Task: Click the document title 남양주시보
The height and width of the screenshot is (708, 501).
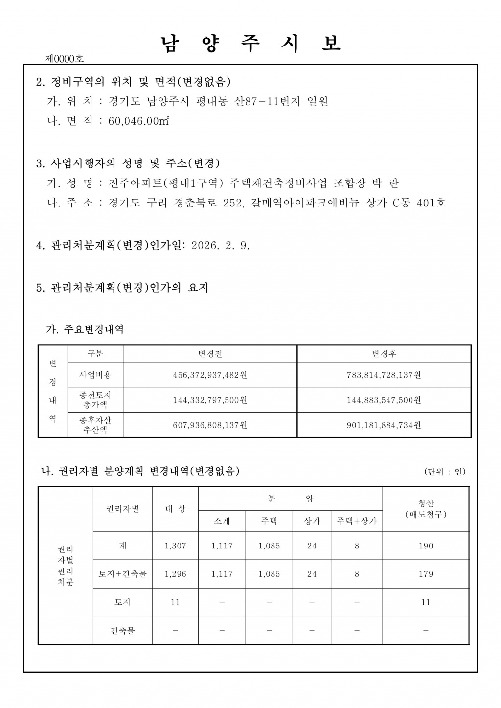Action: click(x=250, y=44)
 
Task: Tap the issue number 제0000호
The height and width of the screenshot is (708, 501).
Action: click(x=64, y=59)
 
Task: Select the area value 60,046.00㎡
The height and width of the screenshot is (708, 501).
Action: click(x=139, y=121)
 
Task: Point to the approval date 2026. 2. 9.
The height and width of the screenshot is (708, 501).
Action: click(x=221, y=246)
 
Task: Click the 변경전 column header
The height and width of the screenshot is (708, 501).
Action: click(x=210, y=354)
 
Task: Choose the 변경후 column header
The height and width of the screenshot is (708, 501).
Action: click(x=384, y=354)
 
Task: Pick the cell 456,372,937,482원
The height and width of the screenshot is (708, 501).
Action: click(x=210, y=375)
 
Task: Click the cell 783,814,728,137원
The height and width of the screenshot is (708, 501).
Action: click(x=384, y=375)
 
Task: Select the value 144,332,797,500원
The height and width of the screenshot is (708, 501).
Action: click(x=210, y=400)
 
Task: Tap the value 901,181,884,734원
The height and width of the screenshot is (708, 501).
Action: click(x=384, y=425)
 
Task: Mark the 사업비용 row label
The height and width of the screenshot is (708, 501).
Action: click(x=95, y=375)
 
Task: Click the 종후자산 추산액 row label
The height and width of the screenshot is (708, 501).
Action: click(x=95, y=425)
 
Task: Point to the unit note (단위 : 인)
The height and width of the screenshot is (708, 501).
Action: click(x=445, y=472)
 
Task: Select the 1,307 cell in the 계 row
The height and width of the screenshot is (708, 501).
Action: click(x=175, y=546)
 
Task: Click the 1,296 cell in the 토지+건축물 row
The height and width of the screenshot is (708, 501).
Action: click(x=175, y=574)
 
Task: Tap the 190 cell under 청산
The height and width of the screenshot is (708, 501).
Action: click(x=426, y=546)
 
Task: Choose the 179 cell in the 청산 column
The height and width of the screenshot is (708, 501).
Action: click(x=426, y=574)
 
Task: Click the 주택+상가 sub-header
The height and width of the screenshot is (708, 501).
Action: click(x=357, y=521)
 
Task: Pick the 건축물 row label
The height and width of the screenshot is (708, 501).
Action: click(x=122, y=631)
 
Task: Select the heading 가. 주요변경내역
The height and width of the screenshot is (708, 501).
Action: click(x=85, y=329)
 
